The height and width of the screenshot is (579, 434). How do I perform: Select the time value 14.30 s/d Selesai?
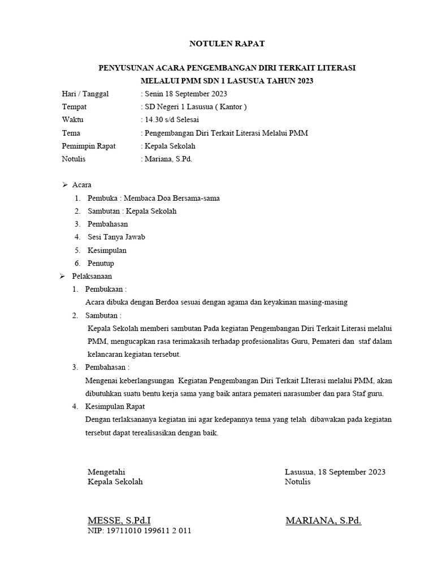170,120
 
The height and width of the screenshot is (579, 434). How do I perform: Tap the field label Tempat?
75,107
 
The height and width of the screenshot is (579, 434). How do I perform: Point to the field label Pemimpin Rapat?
88,146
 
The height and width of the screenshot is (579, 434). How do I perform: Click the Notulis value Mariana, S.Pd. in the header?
167,159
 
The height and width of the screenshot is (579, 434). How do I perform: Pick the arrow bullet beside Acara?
64,185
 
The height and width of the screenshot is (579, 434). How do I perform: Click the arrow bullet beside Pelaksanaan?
64,276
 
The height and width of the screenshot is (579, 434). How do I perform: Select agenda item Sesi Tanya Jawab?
116,237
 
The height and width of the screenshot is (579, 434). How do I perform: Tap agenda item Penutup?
101,263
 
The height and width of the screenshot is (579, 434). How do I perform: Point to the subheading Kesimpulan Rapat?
115,406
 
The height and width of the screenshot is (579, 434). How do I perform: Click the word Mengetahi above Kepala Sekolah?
106,472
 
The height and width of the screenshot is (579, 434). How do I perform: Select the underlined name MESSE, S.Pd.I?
119,520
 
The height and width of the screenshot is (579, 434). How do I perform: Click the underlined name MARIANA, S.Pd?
323,520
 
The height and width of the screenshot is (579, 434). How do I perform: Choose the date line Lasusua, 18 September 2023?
335,472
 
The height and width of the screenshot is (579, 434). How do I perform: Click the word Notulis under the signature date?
298,482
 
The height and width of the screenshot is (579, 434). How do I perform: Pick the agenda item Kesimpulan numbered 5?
107,250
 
